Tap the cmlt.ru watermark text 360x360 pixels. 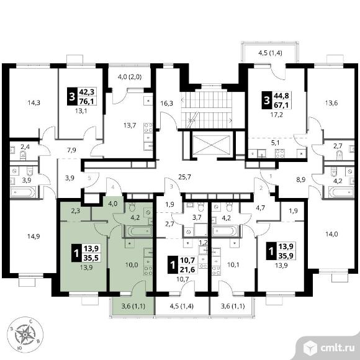tap(337, 348)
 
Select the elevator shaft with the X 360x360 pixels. tap(211, 145)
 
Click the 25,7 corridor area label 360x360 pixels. tap(184, 177)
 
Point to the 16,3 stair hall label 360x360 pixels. tap(166, 103)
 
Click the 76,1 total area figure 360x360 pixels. tap(86, 101)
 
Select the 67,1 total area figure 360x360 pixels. tap(281, 105)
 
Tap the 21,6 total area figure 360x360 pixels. tap(187, 269)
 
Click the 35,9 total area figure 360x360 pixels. tap(286, 256)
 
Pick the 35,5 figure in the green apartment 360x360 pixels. tap(91, 258)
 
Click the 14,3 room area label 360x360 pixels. tap(34, 102)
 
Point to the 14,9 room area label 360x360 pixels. tap(34, 236)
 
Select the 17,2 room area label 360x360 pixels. tap(276, 115)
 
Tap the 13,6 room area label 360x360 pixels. tap(331, 103)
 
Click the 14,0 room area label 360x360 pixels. tap(332, 234)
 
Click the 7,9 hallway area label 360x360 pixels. tap(72, 150)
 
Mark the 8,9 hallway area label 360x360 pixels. tap(300, 180)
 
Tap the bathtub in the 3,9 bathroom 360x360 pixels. tap(23, 192)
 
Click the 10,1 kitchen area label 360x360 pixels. tap(233, 264)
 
